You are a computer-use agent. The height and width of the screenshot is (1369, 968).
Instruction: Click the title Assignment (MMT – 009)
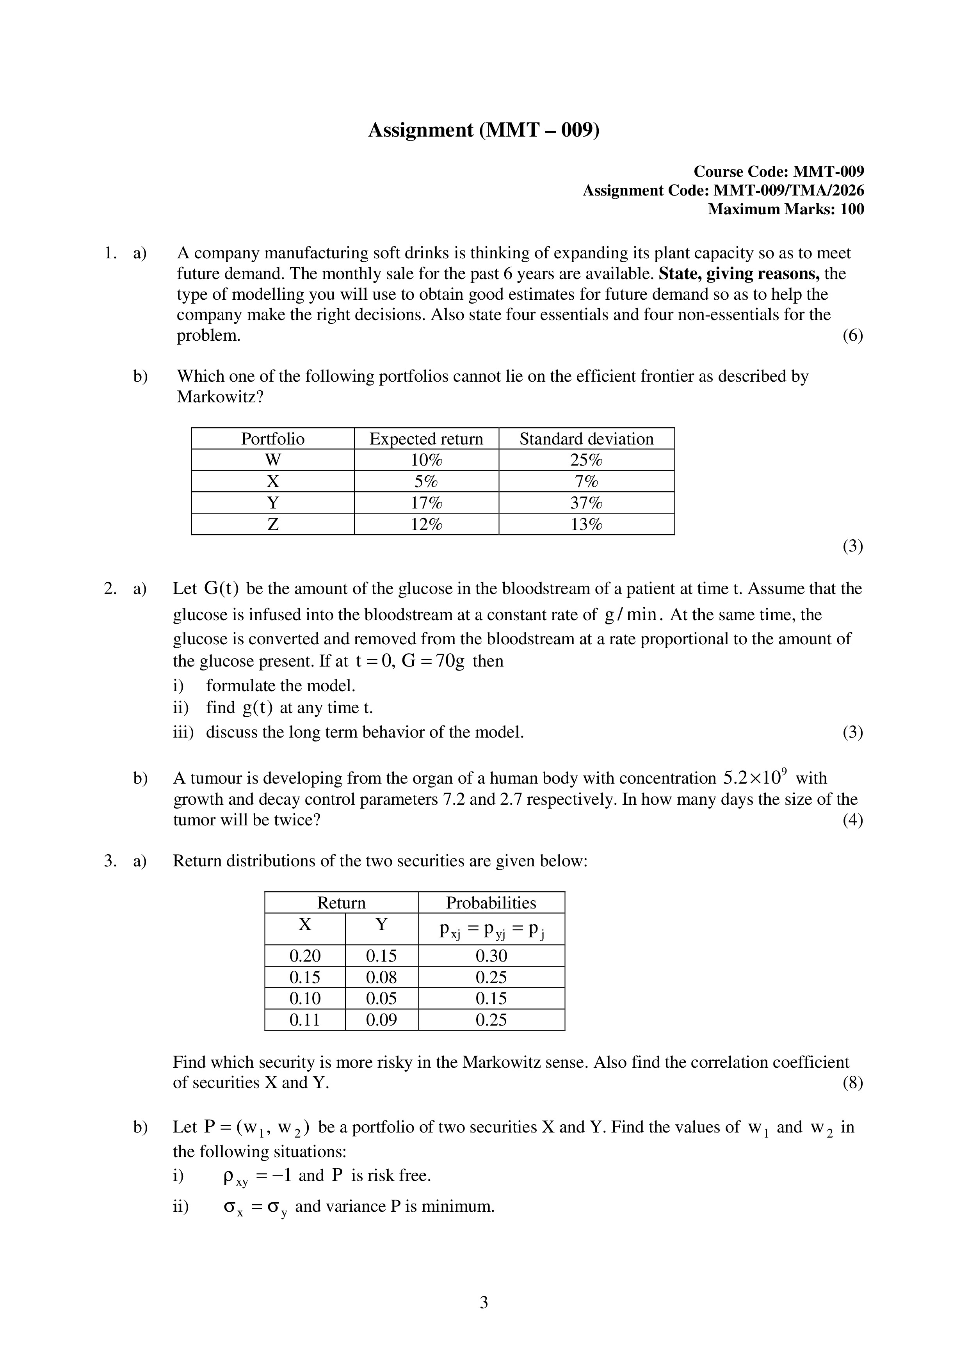pos(483,130)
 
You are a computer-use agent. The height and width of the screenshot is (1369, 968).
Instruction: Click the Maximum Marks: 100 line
pos(785,209)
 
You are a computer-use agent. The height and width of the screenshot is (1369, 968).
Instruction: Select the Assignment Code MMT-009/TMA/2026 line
pos(723,191)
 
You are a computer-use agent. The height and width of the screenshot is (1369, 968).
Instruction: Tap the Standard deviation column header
pos(586,439)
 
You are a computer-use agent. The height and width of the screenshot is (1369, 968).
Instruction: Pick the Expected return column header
pos(426,439)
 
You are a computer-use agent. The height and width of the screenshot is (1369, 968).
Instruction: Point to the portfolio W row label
pos(272,460)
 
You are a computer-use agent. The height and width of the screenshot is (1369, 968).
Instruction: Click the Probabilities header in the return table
pos(491,903)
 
